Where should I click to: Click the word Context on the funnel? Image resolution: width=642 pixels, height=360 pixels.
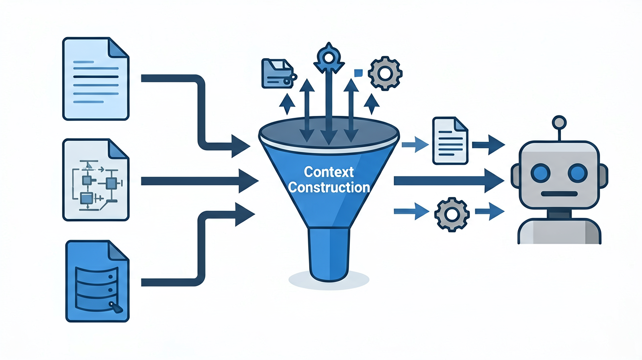pos(329,172)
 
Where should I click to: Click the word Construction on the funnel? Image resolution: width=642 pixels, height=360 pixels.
pos(329,187)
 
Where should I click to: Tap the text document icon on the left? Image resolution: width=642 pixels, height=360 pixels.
pos(96,78)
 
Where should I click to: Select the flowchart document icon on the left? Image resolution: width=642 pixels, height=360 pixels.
pos(96,180)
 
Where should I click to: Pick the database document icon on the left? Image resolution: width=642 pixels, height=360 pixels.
pos(97,281)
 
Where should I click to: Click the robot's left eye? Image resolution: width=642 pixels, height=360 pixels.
pos(541,173)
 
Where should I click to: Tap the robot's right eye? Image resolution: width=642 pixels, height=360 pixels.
pos(578,173)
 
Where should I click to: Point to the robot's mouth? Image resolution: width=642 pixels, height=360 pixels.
pos(559,194)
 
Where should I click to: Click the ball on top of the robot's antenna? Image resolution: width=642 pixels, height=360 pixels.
pos(559,123)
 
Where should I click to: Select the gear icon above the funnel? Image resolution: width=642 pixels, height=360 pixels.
pos(385,73)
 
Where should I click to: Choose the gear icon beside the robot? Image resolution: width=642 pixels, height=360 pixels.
pos(452,215)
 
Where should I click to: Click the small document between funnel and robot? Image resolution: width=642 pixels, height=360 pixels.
pos(450,140)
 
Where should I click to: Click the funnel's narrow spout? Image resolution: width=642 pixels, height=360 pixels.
pos(329,254)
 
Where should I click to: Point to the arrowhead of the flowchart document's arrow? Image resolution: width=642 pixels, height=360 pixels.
pos(248,180)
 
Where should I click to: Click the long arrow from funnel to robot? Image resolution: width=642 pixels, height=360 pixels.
pos(449,180)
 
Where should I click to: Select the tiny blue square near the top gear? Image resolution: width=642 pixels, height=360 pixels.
pos(358,73)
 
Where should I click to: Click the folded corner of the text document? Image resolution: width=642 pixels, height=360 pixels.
pos(118,47)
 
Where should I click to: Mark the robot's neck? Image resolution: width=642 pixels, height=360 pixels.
pos(559,214)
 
